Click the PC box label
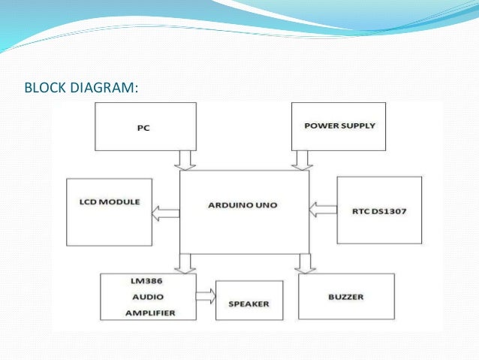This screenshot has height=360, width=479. pyautogui.click(x=143, y=128)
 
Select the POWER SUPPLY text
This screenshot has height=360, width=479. pyautogui.click(x=339, y=125)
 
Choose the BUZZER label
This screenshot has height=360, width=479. pyautogui.click(x=345, y=297)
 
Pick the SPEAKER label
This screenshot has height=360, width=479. pyautogui.click(x=249, y=304)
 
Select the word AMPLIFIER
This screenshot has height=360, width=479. pyautogui.click(x=147, y=311)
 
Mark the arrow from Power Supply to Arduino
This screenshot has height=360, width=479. pyautogui.click(x=302, y=159)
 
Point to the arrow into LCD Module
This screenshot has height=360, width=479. pyautogui.click(x=166, y=214)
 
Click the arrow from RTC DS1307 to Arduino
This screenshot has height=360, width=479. pyautogui.click(x=323, y=205)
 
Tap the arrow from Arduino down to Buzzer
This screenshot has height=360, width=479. pyautogui.click(x=303, y=263)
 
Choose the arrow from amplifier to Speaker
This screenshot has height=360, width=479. pyautogui.click(x=205, y=296)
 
